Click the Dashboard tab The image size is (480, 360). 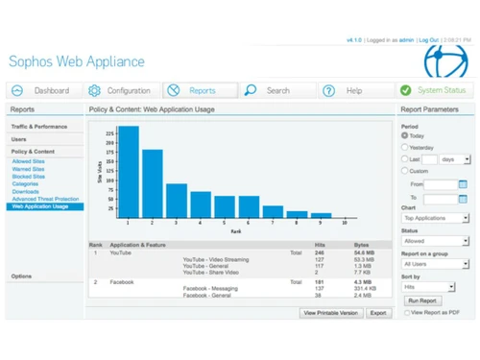coord(42,90)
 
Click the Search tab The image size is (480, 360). coord(269,90)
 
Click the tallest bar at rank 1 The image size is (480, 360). coord(128,171)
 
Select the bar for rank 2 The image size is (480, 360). coord(152,182)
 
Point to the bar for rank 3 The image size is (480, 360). coord(177,200)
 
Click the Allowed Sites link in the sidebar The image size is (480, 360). coord(28,161)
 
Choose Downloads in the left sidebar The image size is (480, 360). coord(26,191)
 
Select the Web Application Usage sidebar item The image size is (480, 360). coord(40,206)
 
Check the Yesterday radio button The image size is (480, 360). coord(404,147)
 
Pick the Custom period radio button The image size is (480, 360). coord(404,170)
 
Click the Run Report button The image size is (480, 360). coord(422,300)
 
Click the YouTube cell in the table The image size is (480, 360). coord(121,252)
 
